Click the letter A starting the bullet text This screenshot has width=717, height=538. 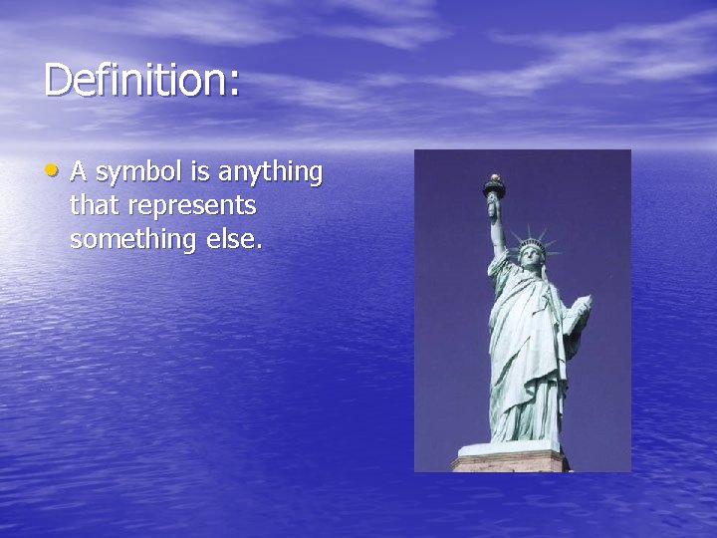79,172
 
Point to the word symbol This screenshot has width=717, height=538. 139,174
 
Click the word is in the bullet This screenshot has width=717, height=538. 200,172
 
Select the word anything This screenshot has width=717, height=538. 270,174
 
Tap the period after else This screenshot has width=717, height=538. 261,247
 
